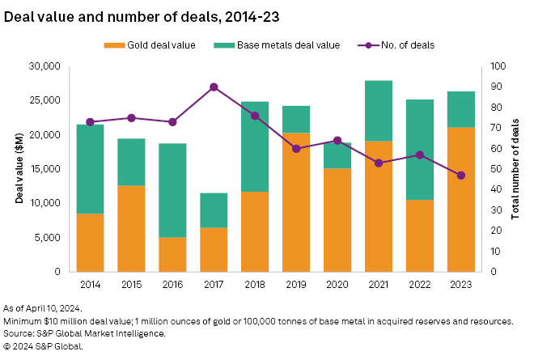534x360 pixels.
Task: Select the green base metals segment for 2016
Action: pos(172,190)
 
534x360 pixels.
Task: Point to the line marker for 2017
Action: pos(214,87)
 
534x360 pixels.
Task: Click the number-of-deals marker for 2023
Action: pos(461,175)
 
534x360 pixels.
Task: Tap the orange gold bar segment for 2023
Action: pos(461,199)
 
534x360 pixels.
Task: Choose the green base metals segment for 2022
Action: pos(420,150)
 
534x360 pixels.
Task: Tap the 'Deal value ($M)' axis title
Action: pos(18,169)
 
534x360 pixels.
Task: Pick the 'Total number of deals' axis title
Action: pos(515,169)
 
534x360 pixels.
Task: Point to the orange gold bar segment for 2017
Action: pos(214,249)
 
